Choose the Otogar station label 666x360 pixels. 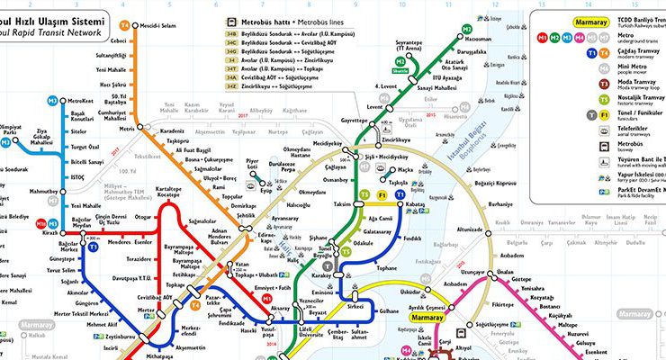pyautogui.click(x=143, y=217)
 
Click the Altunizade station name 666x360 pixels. pyautogui.click(x=470, y=229)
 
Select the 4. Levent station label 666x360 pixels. pyautogui.click(x=386, y=87)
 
